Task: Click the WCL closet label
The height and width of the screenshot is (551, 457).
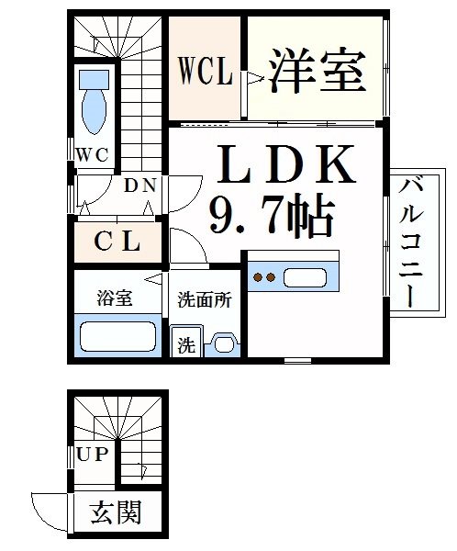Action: click(x=205, y=72)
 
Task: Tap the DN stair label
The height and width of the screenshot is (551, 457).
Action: click(x=140, y=186)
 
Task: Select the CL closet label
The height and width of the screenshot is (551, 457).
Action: click(x=118, y=243)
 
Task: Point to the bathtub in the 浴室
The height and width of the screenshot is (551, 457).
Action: click(x=117, y=337)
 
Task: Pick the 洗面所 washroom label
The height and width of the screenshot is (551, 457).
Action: click(x=204, y=298)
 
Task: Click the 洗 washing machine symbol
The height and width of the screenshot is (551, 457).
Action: click(x=186, y=345)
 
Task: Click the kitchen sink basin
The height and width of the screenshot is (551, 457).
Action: click(x=306, y=276)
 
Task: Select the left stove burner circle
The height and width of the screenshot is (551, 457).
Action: click(x=259, y=276)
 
